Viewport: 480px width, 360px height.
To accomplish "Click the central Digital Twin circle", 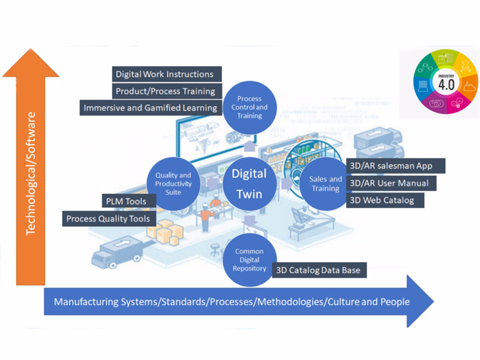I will click(x=249, y=184).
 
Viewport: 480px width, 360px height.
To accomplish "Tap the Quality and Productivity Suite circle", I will click(x=173, y=183).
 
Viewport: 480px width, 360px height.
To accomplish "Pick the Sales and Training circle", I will click(x=325, y=183).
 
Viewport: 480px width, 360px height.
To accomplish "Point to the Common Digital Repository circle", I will click(x=249, y=260).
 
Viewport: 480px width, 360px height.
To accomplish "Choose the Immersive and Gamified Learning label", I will click(x=151, y=108).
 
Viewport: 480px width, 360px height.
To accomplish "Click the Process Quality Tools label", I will click(x=108, y=218).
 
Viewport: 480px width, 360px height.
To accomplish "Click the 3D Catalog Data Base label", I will click(x=319, y=271).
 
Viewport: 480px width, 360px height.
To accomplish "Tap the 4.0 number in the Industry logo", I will click(x=446, y=85).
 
